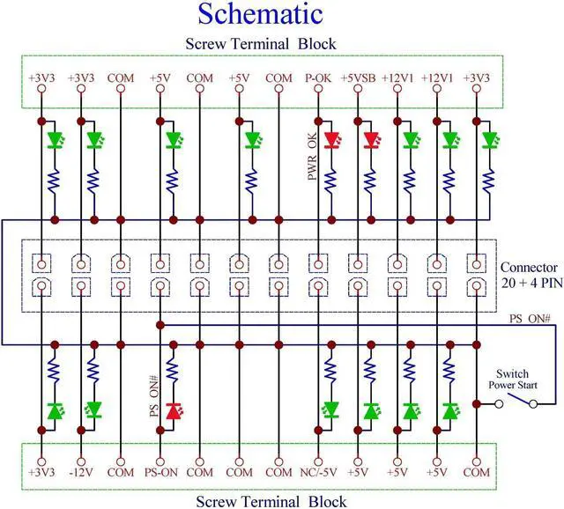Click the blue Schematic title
[x=260, y=14]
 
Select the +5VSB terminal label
[x=358, y=78]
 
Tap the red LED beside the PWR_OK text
[x=331, y=139]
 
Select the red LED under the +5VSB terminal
[x=370, y=139]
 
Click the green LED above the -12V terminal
[x=93, y=410]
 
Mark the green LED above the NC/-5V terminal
[x=331, y=410]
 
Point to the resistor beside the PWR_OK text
[x=331, y=181]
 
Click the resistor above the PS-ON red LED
[x=173, y=368]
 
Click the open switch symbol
[x=516, y=403]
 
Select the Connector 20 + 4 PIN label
[x=529, y=274]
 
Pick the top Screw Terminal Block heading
[x=260, y=43]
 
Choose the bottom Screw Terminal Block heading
[x=260, y=501]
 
